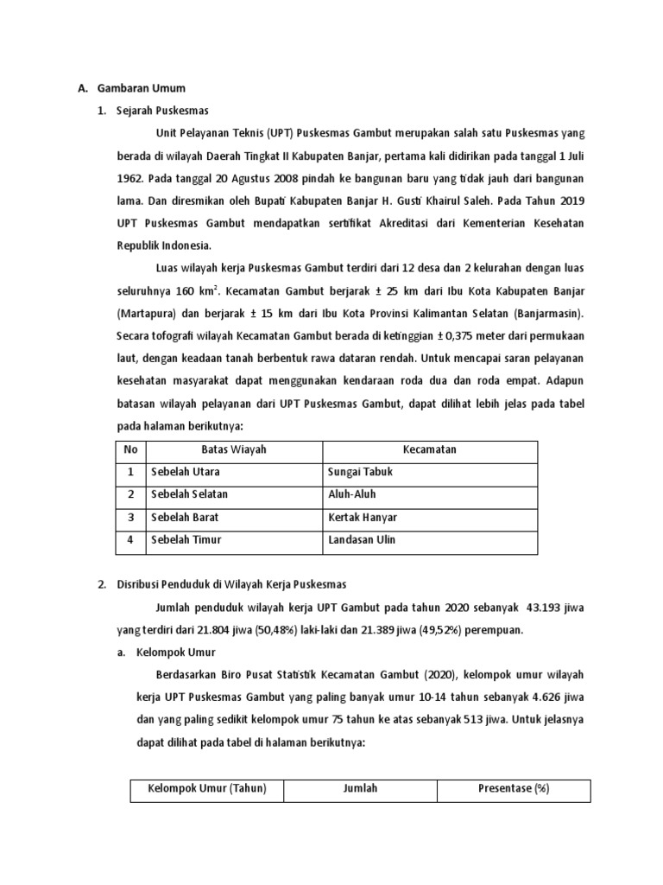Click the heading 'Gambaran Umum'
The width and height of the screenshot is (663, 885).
(142, 88)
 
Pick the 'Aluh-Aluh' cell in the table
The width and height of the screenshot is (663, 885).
(352, 495)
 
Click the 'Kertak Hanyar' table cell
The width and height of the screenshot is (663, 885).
(363, 518)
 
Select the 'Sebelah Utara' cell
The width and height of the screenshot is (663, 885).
(186, 473)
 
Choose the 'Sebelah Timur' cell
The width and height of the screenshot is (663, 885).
(186, 540)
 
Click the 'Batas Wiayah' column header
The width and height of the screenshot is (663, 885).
(234, 450)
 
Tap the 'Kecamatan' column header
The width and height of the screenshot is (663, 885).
(430, 450)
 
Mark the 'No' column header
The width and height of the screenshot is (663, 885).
(131, 450)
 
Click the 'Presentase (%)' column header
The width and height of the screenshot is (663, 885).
(514, 789)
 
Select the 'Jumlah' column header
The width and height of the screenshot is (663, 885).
(360, 789)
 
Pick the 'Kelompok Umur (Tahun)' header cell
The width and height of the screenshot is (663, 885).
(207, 789)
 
